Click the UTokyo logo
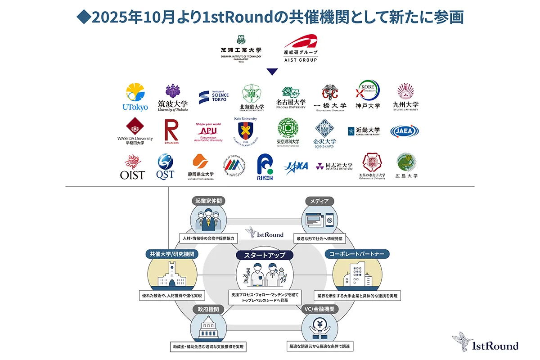point(135,97)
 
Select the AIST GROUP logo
point(301,48)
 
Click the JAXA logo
point(296,167)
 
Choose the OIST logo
point(133,167)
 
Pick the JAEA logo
point(405,131)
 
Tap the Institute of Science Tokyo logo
point(214,97)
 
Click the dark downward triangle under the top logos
point(272,71)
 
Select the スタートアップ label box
point(265,255)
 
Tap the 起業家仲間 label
point(207,201)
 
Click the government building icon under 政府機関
point(207,326)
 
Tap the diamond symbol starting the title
point(83,18)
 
